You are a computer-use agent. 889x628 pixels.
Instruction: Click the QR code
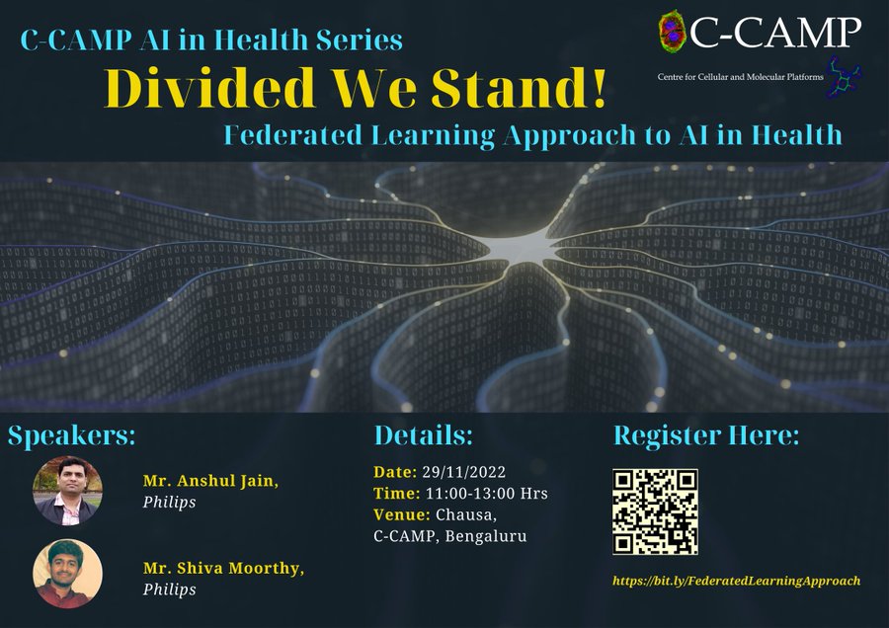pos(655,511)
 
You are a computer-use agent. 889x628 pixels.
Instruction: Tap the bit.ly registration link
pos(737,581)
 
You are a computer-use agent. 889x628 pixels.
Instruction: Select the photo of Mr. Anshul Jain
pos(67,491)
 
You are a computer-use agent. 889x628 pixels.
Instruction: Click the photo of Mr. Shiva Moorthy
pos(67,574)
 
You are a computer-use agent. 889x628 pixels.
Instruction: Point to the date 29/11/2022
pos(464,472)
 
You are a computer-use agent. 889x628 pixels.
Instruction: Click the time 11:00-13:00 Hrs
pos(486,493)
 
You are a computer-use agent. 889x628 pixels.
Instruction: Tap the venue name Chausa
pos(466,515)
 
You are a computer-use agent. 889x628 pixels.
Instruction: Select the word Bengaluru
pos(486,536)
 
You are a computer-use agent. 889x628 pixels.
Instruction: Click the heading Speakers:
pos(71,436)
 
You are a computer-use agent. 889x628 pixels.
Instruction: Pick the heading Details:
pos(423,435)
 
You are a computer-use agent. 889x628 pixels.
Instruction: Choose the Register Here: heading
pos(706,435)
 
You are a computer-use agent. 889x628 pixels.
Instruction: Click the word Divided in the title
pos(209,88)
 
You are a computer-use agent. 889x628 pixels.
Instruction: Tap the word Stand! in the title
pos(519,88)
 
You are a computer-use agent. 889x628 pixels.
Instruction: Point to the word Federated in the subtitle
pos(293,135)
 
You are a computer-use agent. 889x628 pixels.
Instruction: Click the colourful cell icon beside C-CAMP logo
pos(673,32)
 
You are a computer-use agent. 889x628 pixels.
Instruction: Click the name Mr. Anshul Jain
pos(210,481)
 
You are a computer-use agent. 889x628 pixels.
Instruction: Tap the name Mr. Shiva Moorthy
pos(223,569)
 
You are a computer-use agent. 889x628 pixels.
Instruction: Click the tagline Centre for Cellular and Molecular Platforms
pos(741,76)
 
